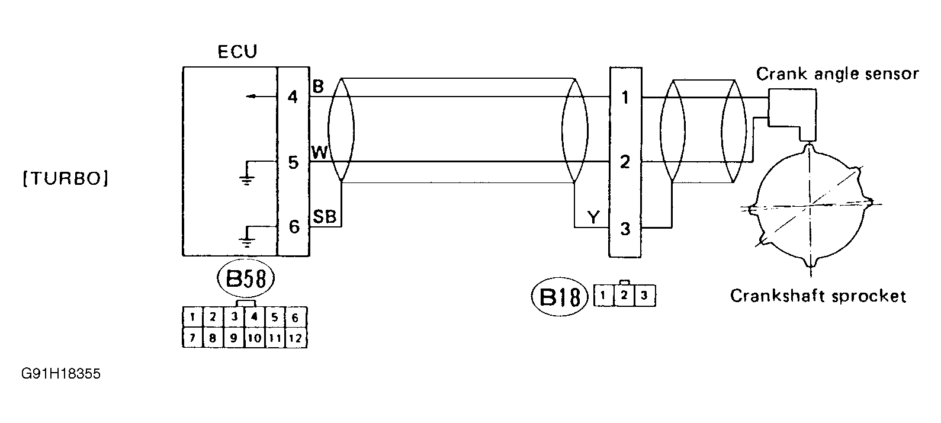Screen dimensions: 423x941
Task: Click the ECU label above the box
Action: point(237,52)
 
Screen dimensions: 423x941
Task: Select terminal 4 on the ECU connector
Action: point(293,97)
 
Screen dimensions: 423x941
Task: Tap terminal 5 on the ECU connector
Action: point(293,162)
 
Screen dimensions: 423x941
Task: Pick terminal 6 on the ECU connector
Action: point(293,227)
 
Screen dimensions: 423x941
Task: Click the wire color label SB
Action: point(324,217)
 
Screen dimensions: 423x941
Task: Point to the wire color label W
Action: point(319,153)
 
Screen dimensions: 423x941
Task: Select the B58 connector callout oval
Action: point(246,280)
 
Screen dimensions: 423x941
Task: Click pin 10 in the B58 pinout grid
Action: point(254,338)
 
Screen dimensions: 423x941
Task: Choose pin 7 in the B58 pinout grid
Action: point(192,338)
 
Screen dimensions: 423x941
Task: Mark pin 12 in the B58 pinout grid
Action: point(295,338)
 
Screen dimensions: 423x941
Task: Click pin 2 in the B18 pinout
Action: point(624,295)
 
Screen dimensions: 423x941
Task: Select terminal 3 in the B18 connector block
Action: point(625,229)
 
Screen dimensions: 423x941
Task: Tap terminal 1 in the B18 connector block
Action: point(625,97)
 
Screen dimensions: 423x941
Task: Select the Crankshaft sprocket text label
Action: point(818,296)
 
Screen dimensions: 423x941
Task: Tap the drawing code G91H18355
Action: point(60,374)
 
